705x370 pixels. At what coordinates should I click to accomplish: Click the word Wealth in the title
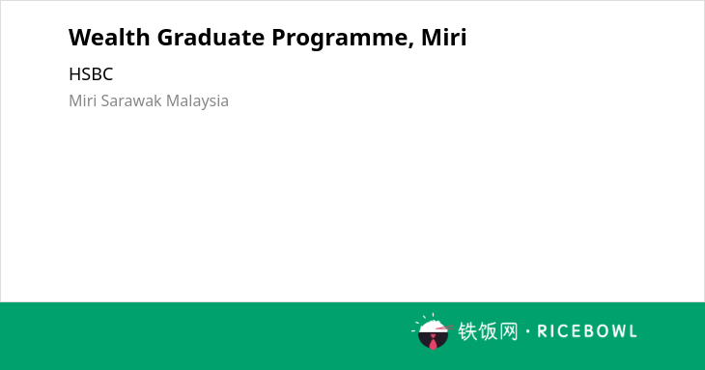tap(109, 37)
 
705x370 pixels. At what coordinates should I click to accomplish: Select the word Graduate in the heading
tap(211, 37)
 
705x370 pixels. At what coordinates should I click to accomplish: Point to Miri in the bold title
tap(444, 37)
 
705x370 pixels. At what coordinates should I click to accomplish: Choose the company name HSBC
tap(91, 74)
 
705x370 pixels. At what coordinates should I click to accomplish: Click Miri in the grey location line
tap(83, 100)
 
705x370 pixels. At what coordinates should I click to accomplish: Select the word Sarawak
tap(131, 100)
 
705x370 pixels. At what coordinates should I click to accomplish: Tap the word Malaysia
tap(197, 101)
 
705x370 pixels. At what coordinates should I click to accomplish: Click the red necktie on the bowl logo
tap(433, 343)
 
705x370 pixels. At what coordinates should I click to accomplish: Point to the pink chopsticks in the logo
tap(444, 328)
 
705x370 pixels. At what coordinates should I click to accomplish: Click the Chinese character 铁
tap(467, 331)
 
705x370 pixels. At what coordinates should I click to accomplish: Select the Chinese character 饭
tap(488, 331)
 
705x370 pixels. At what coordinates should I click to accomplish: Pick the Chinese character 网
tap(509, 331)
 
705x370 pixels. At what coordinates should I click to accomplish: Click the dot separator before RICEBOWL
tap(528, 331)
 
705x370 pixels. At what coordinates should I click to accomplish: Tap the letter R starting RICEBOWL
tap(542, 331)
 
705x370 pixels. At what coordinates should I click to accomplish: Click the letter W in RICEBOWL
tap(612, 331)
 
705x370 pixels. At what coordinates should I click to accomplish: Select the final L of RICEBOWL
tap(633, 331)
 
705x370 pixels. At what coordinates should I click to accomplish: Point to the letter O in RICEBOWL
tap(594, 331)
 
